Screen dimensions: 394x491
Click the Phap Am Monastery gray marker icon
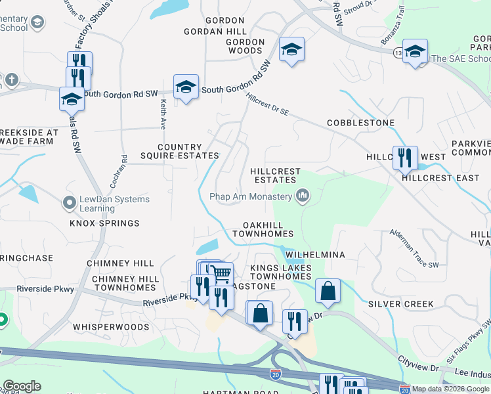pyautogui.click(x=303, y=195)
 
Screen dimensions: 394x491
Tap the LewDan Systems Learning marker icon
pyautogui.click(x=70, y=204)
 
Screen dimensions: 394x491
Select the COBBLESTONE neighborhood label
pyautogui.click(x=360, y=123)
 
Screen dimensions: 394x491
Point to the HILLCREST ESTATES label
pyautogui.click(x=276, y=175)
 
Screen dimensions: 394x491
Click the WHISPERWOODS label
pyautogui.click(x=111, y=326)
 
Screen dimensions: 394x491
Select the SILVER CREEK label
pyautogui.click(x=400, y=304)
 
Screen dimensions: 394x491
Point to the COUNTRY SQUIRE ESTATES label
pyautogui.click(x=179, y=152)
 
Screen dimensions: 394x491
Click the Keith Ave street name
pyautogui.click(x=162, y=114)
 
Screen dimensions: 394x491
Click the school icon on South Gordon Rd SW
pyautogui.click(x=186, y=86)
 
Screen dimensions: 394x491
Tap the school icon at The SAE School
pyautogui.click(x=415, y=51)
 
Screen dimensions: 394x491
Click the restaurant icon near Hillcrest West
pyautogui.click(x=404, y=156)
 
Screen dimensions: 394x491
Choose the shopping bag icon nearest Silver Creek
pyautogui.click(x=328, y=290)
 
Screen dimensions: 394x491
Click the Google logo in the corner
pyautogui.click(x=22, y=386)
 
